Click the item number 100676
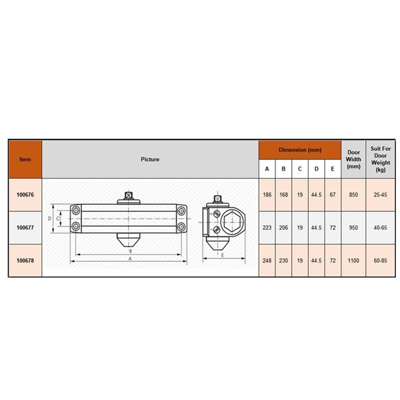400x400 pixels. click(x=25, y=195)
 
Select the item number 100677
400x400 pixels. click(x=25, y=227)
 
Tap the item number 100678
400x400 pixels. click(x=25, y=260)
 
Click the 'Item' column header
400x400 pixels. click(x=25, y=159)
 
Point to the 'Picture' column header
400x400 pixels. click(x=150, y=159)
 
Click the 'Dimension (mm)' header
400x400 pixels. click(x=299, y=150)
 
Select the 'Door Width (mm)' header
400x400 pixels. click(x=353, y=159)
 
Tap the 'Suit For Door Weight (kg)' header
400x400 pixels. click(x=380, y=159)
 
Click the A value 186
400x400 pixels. click(x=267, y=195)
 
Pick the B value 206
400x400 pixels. click(x=283, y=227)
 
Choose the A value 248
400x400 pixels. click(x=267, y=260)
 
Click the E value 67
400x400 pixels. click(x=333, y=195)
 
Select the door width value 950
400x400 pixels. click(x=353, y=227)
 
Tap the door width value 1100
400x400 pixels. click(x=353, y=260)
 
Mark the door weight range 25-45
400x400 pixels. click(x=380, y=195)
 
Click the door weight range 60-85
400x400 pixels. click(x=380, y=260)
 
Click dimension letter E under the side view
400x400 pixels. click(x=221, y=255)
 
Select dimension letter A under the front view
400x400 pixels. click(x=129, y=258)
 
